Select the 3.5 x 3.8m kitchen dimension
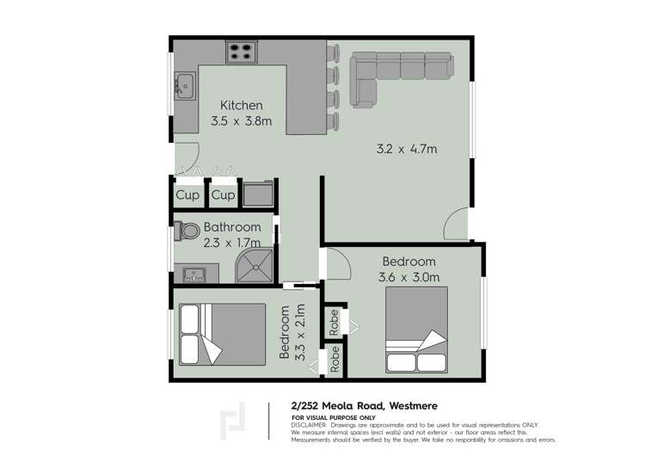click(241, 121)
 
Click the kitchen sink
click(183, 85)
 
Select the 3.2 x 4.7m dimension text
click(408, 149)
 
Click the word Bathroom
click(232, 227)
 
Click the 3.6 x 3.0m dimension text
click(408, 276)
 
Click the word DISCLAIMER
click(309, 425)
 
